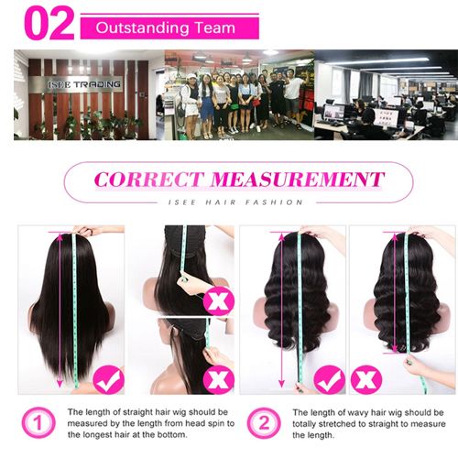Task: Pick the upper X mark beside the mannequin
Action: [218, 300]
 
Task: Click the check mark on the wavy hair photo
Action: [329, 378]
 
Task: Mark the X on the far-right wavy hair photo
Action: [366, 378]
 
